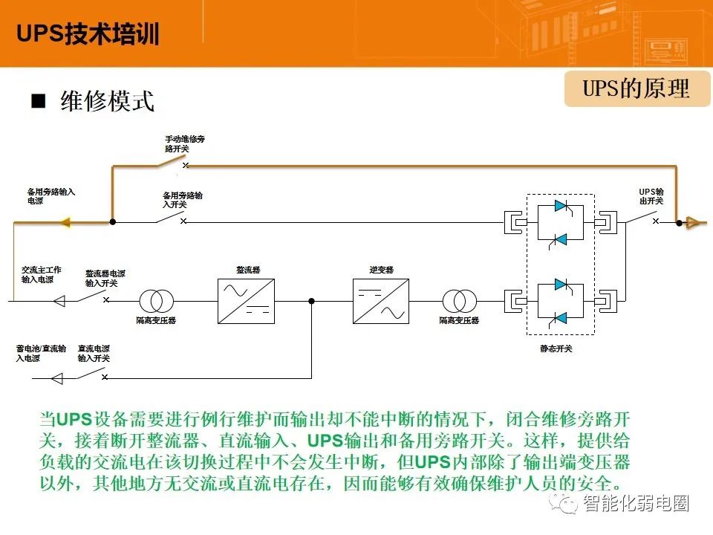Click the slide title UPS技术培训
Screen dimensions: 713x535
pos(88,33)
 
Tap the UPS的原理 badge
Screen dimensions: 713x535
pos(637,88)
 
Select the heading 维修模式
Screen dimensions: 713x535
pos(107,101)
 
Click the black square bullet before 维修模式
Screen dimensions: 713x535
pos(38,100)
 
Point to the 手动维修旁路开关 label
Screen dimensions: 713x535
pos(185,143)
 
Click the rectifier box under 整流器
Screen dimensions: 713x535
pos(246,301)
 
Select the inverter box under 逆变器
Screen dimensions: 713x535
pos(381,301)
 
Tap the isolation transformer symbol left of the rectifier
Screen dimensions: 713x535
pos(156,301)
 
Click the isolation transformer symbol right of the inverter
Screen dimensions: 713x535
pos(459,301)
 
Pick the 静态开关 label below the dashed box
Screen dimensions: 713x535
pos(556,348)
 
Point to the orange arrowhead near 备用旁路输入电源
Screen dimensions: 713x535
pos(65,222)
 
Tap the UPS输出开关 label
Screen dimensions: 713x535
pos(651,196)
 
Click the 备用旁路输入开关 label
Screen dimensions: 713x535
pos(183,200)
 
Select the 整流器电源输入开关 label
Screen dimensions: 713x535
pos(105,278)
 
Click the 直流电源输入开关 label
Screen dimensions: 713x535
pos(94,354)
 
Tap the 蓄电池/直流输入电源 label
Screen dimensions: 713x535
pos(41,354)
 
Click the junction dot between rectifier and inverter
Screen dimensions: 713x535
pos(311,301)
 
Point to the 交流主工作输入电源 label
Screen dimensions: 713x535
pos(41,274)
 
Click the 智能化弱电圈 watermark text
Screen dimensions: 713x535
pos(636,504)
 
